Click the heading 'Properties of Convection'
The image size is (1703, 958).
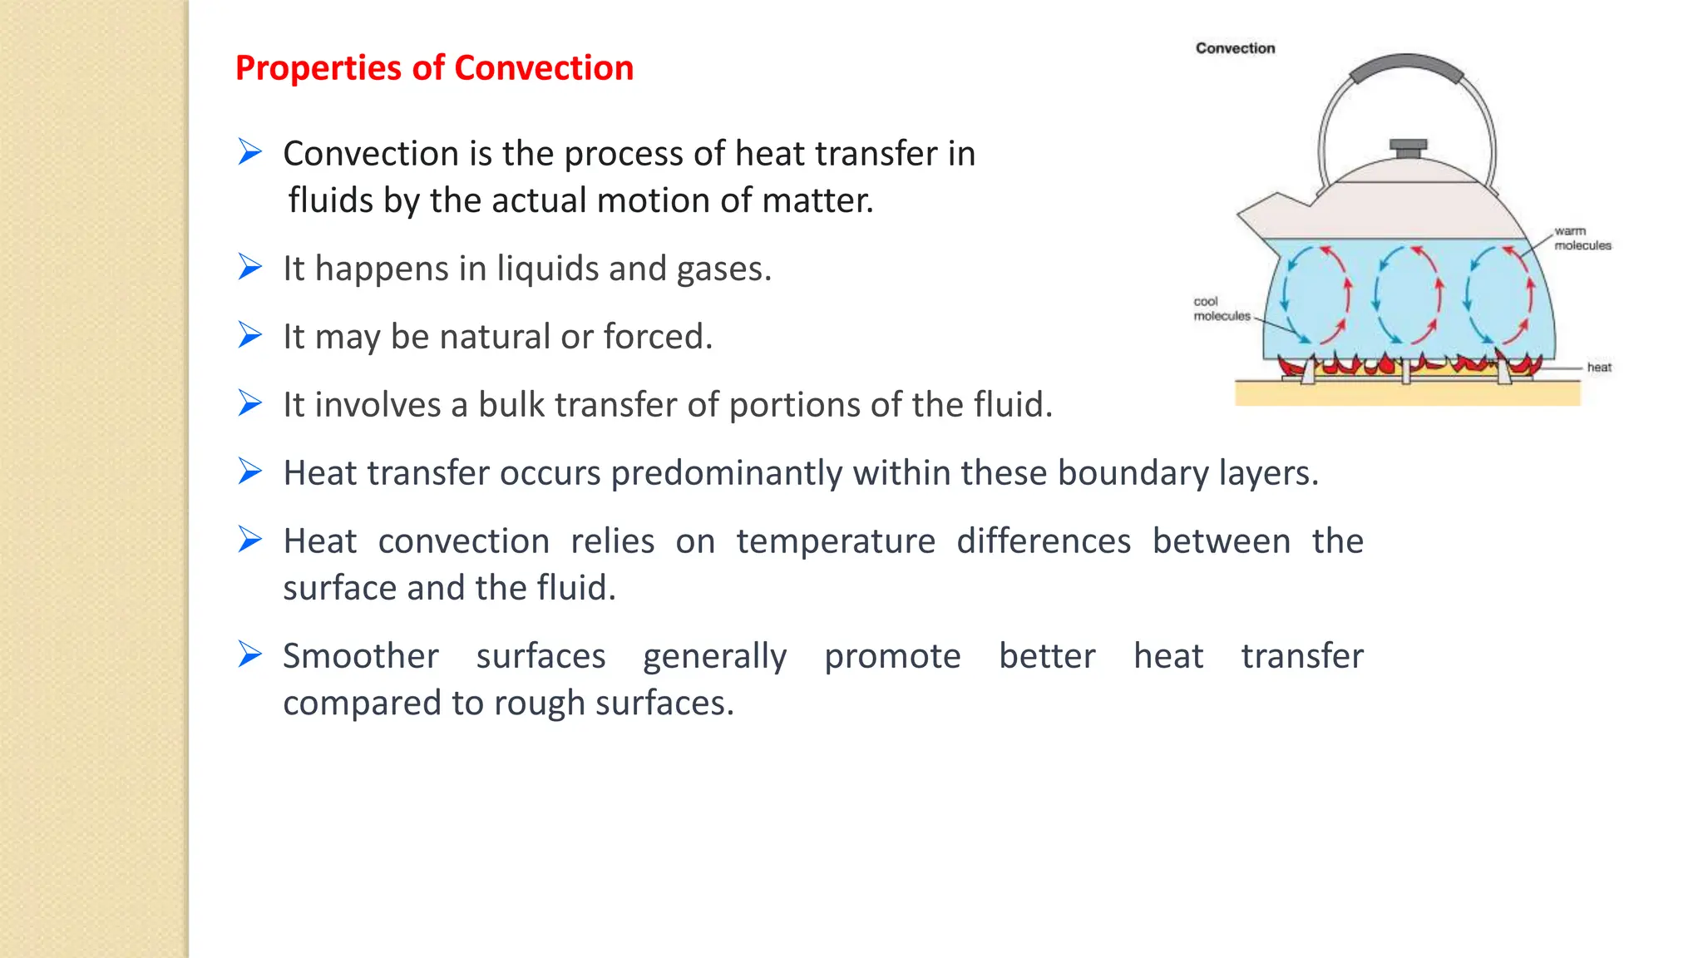(x=434, y=68)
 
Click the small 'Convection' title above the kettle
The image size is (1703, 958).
(x=1235, y=48)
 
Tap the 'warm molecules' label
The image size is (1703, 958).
(x=1582, y=238)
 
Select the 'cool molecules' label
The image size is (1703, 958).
(x=1221, y=309)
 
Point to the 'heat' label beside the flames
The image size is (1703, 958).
(x=1598, y=367)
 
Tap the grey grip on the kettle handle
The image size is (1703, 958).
(x=1406, y=66)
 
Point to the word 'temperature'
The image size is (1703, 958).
(x=836, y=541)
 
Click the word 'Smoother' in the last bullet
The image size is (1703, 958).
(x=360, y=656)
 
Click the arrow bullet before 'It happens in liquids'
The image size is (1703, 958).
(x=249, y=267)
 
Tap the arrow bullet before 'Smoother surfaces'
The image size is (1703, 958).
(x=249, y=654)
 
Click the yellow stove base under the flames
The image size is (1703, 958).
(x=1407, y=393)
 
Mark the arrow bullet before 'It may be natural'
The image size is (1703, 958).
(x=249, y=335)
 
